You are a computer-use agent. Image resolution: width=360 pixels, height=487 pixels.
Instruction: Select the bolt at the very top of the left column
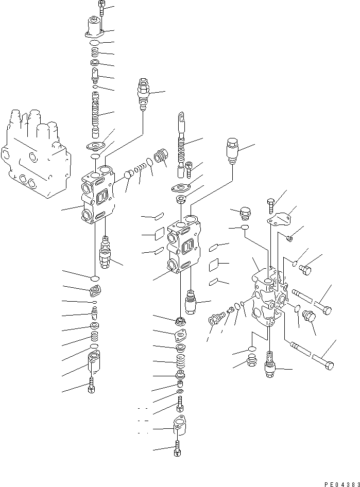pos(101,8)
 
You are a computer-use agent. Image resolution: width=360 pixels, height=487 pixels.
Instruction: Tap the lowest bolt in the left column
pos(92,385)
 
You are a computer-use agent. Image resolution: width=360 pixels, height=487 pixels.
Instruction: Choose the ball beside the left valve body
pos(129,175)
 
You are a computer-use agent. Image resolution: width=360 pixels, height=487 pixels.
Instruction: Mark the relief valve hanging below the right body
pos(270,364)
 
